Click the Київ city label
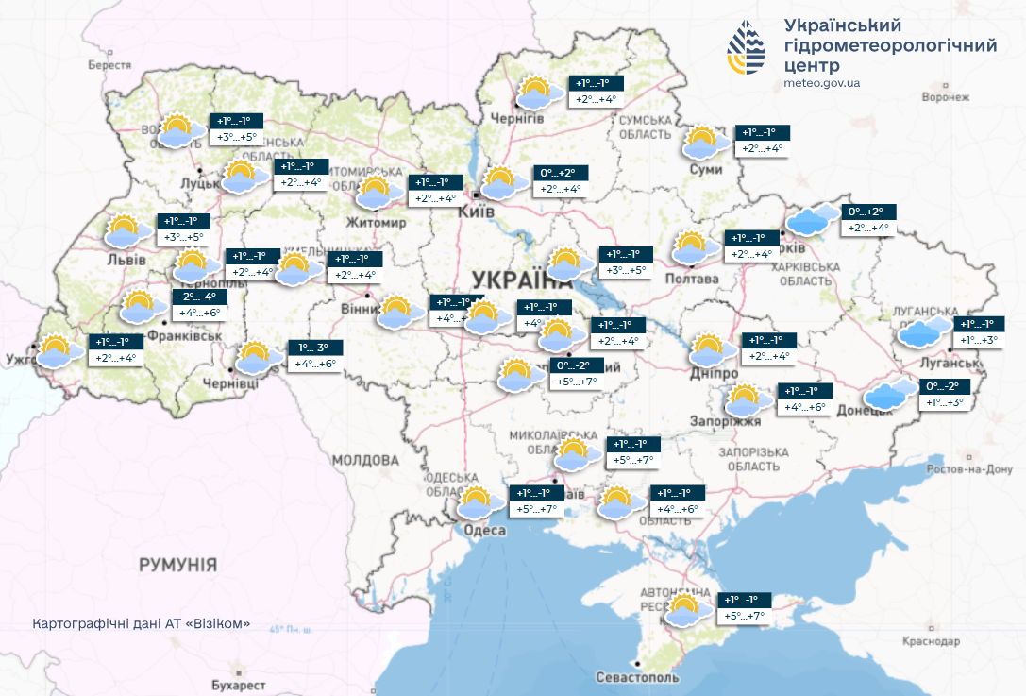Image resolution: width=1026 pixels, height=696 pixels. pos(477,214)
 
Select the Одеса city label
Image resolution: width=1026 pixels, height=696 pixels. pos(483,531)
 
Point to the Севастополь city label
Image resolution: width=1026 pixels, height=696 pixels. pos(638,678)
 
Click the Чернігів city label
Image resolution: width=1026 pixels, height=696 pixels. pos(517,118)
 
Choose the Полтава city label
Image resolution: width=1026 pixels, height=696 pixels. pos(692,279)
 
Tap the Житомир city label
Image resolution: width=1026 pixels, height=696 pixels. pos(378,223)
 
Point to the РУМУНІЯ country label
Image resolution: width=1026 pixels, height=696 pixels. pos(177,565)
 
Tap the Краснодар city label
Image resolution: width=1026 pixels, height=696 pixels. pos(930,641)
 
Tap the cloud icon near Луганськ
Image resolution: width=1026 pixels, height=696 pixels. pos(925,331)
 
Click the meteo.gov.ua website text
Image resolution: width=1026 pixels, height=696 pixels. pos(822,83)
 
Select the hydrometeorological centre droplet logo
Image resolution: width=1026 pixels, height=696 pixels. pos(748,48)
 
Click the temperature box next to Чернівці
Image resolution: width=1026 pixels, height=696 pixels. pos(315,356)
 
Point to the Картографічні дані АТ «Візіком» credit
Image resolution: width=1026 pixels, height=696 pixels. pos(142,624)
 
